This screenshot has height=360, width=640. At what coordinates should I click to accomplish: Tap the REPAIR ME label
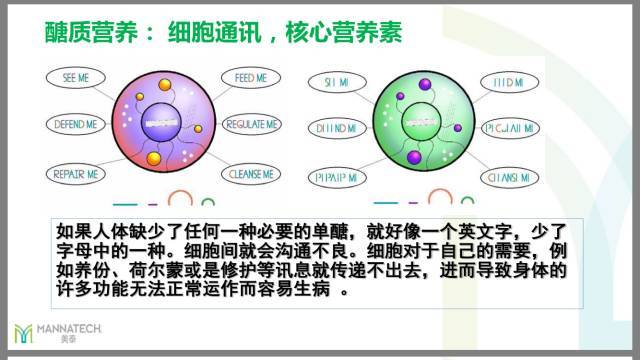click(79, 174)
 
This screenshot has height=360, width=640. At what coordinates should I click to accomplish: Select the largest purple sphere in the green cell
click(414, 158)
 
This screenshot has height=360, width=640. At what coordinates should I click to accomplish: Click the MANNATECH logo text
click(69, 327)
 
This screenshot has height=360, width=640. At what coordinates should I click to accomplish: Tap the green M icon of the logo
click(23, 332)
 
